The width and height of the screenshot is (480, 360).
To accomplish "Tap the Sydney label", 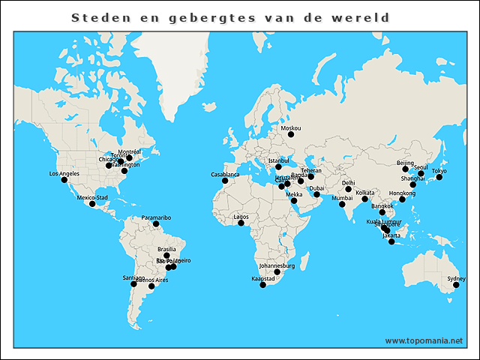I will [456, 279].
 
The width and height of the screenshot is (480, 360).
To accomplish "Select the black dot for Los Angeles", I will [64, 180].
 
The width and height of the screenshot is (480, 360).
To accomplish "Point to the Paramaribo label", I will [156, 217].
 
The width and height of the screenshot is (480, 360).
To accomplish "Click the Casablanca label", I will [225, 175].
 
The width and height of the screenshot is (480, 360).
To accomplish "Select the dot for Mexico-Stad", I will [92, 204].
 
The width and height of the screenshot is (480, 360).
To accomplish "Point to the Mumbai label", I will [341, 198].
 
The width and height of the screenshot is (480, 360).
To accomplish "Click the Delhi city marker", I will [348, 189].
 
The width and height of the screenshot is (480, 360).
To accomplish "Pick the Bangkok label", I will [382, 205].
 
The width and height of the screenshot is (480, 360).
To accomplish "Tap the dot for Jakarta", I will [391, 241].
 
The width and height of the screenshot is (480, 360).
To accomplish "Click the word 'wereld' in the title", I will [367, 17].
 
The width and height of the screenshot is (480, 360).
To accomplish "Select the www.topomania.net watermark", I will [424, 340].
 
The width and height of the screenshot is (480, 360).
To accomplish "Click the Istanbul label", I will [278, 160].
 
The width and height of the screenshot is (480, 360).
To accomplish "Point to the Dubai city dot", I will [316, 195].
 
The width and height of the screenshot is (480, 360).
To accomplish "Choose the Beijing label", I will [405, 163].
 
